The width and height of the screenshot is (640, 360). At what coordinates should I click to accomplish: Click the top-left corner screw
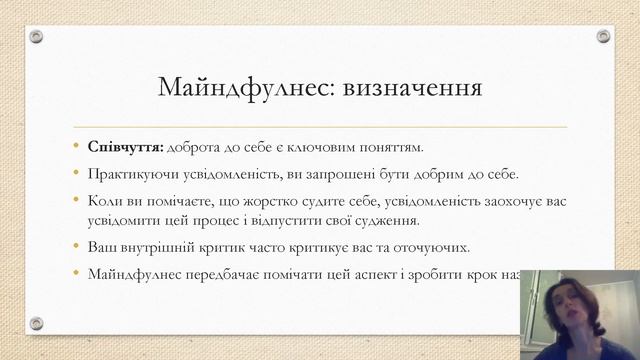click(x=36, y=36)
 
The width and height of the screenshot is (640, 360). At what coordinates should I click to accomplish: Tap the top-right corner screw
click(x=603, y=36)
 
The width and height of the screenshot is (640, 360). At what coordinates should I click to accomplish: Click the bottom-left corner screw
click(x=36, y=323)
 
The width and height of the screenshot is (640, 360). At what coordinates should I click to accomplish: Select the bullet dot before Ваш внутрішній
click(x=76, y=247)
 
